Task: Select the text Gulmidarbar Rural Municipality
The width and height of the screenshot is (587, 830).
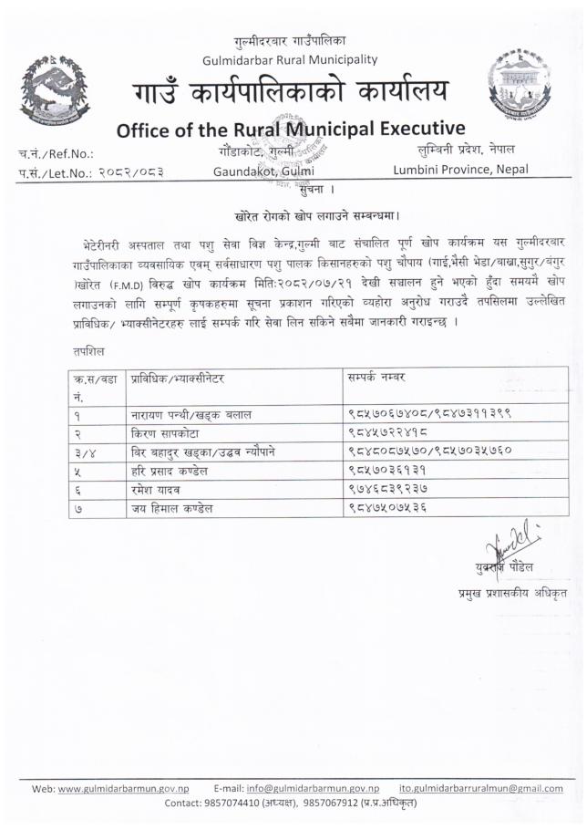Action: click(x=291, y=59)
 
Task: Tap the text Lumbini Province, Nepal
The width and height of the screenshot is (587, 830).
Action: click(x=460, y=169)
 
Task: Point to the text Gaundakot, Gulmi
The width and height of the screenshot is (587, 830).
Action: click(x=263, y=170)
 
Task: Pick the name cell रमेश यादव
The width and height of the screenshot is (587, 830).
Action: click(x=157, y=490)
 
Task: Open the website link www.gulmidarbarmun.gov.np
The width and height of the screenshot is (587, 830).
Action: click(x=123, y=787)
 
